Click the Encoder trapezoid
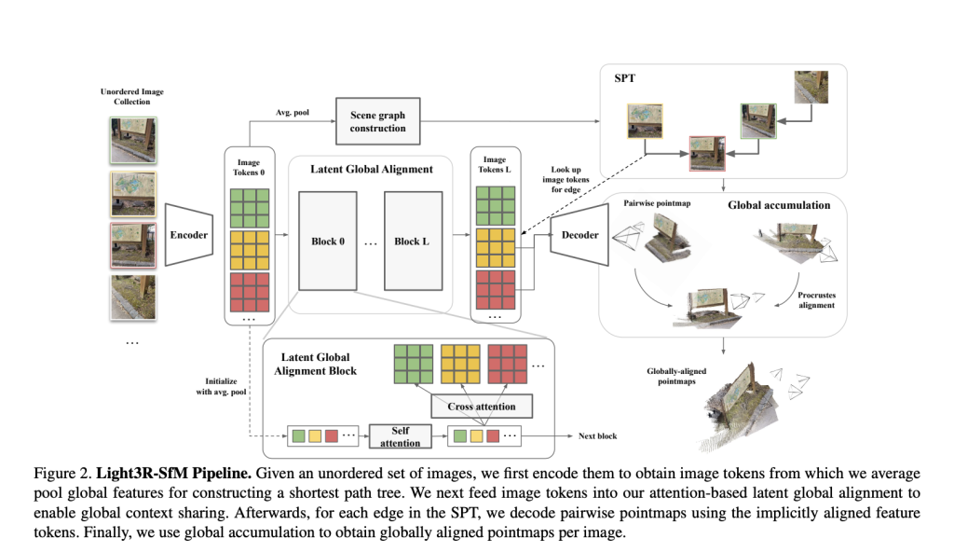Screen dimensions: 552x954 click(x=190, y=236)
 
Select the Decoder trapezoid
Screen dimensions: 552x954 click(x=579, y=236)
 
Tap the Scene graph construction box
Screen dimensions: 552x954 click(x=377, y=121)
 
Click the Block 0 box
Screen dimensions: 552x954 click(x=328, y=241)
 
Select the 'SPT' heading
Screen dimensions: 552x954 click(x=624, y=78)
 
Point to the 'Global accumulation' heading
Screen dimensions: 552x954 click(x=779, y=204)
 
